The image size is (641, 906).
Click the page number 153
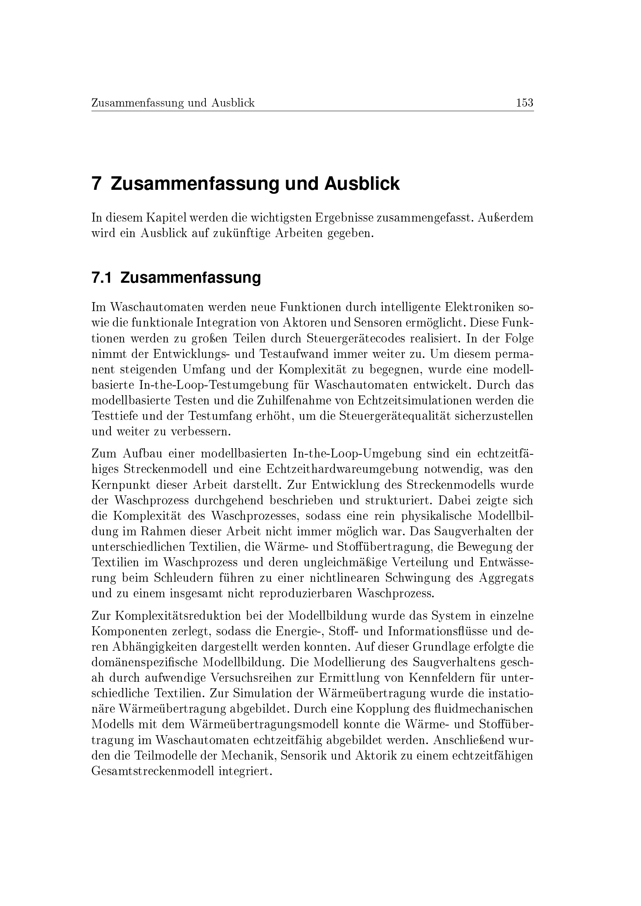tap(525, 103)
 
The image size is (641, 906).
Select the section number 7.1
tap(102, 278)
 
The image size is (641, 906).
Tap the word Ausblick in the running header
tap(233, 103)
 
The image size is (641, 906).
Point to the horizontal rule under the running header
tap(312, 111)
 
